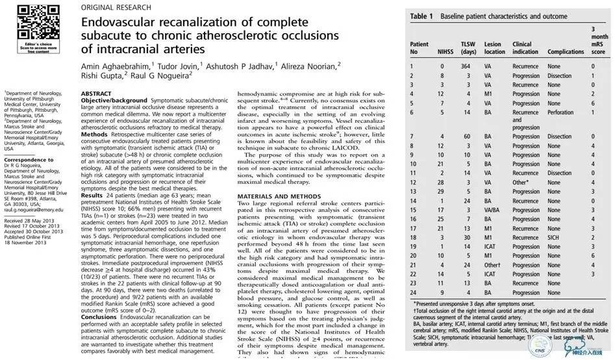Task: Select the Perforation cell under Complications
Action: pyautogui.click(x=560, y=112)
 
